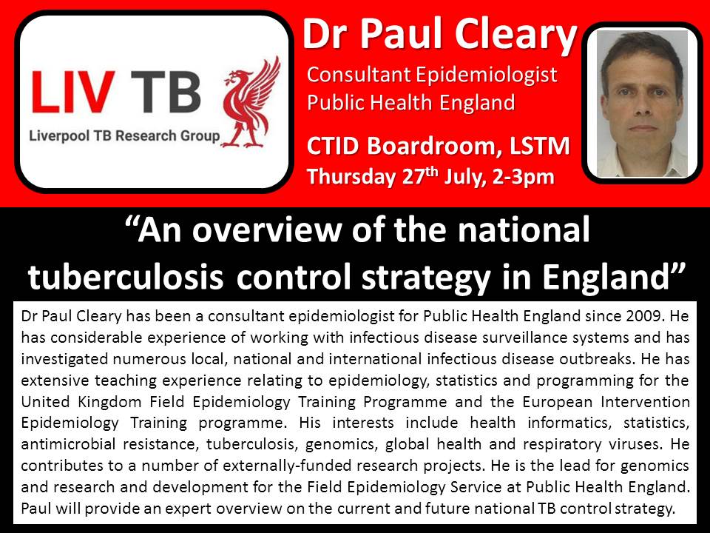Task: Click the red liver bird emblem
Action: pos(251,102)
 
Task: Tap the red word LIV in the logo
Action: pos(72,93)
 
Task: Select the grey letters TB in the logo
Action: pos(166,93)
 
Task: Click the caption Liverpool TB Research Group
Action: pos(124,135)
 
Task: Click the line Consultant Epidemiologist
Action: pos(432,76)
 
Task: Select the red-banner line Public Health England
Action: pos(410,102)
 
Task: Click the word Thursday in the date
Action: pos(351,177)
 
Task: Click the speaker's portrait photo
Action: pos(642,104)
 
